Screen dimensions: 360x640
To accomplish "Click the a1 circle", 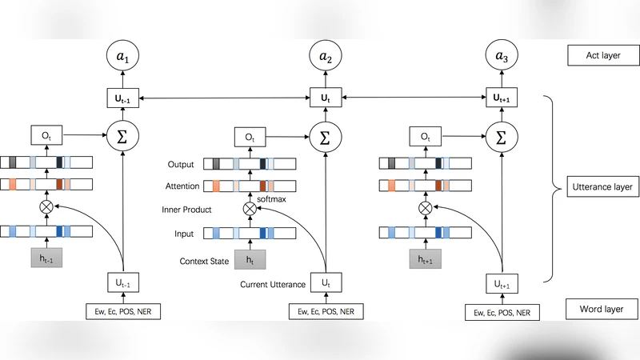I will coord(123,57).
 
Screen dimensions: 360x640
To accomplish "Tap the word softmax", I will coord(271,198).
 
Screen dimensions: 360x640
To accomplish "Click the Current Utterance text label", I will coord(272,284).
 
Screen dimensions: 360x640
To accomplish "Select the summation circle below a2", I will coord(325,137).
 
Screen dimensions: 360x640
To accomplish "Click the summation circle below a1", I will coord(123,137).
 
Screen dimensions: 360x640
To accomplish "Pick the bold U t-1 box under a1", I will coord(123,98).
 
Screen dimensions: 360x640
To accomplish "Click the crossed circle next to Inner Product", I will coord(250,209).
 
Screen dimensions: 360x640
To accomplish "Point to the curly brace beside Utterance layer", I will coord(550,189).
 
